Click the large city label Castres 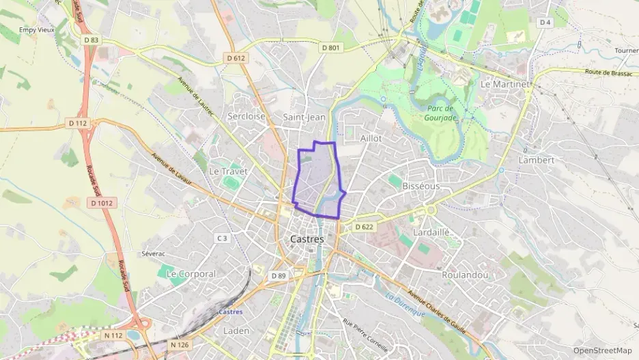click(x=307, y=239)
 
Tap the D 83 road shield click(x=91, y=40)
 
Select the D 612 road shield click(x=236, y=58)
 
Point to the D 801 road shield click(x=330, y=47)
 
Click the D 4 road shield click(x=545, y=23)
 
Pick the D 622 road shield click(x=365, y=227)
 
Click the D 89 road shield click(x=278, y=275)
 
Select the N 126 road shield click(x=180, y=345)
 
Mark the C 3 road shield click(x=222, y=238)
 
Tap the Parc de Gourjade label click(x=441, y=113)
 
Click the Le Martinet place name click(x=506, y=84)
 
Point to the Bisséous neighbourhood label click(x=421, y=186)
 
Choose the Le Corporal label click(x=191, y=273)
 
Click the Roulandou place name click(x=465, y=274)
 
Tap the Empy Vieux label click(x=36, y=29)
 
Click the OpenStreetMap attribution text click(x=602, y=350)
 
